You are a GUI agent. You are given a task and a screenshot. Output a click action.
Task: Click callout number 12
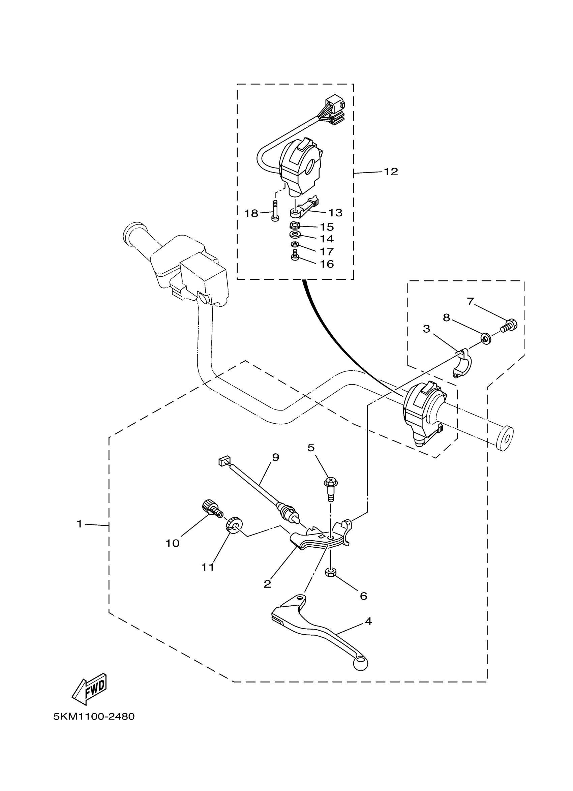391,172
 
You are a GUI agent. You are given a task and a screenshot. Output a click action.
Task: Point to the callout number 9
275,457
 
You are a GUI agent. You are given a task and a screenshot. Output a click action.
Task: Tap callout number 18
251,213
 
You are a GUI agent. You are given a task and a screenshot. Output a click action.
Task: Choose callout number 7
471,301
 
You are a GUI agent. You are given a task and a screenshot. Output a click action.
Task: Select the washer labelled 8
485,338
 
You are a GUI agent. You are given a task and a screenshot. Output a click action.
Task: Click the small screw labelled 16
295,257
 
